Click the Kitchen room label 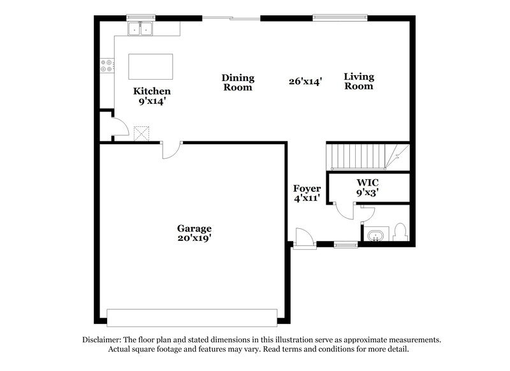pyautogui.click(x=151, y=91)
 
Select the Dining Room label pyautogui.click(x=238, y=82)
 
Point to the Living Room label pyautogui.click(x=359, y=81)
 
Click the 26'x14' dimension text pyautogui.click(x=305, y=82)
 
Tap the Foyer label pyautogui.click(x=307, y=189)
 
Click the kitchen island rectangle pyautogui.click(x=151, y=65)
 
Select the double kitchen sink pyautogui.click(x=142, y=29)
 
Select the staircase pyautogui.click(x=364, y=157)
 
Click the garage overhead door pyautogui.click(x=192, y=317)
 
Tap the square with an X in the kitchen pyautogui.click(x=141, y=132)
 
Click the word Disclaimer pyautogui.click(x=102, y=340)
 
